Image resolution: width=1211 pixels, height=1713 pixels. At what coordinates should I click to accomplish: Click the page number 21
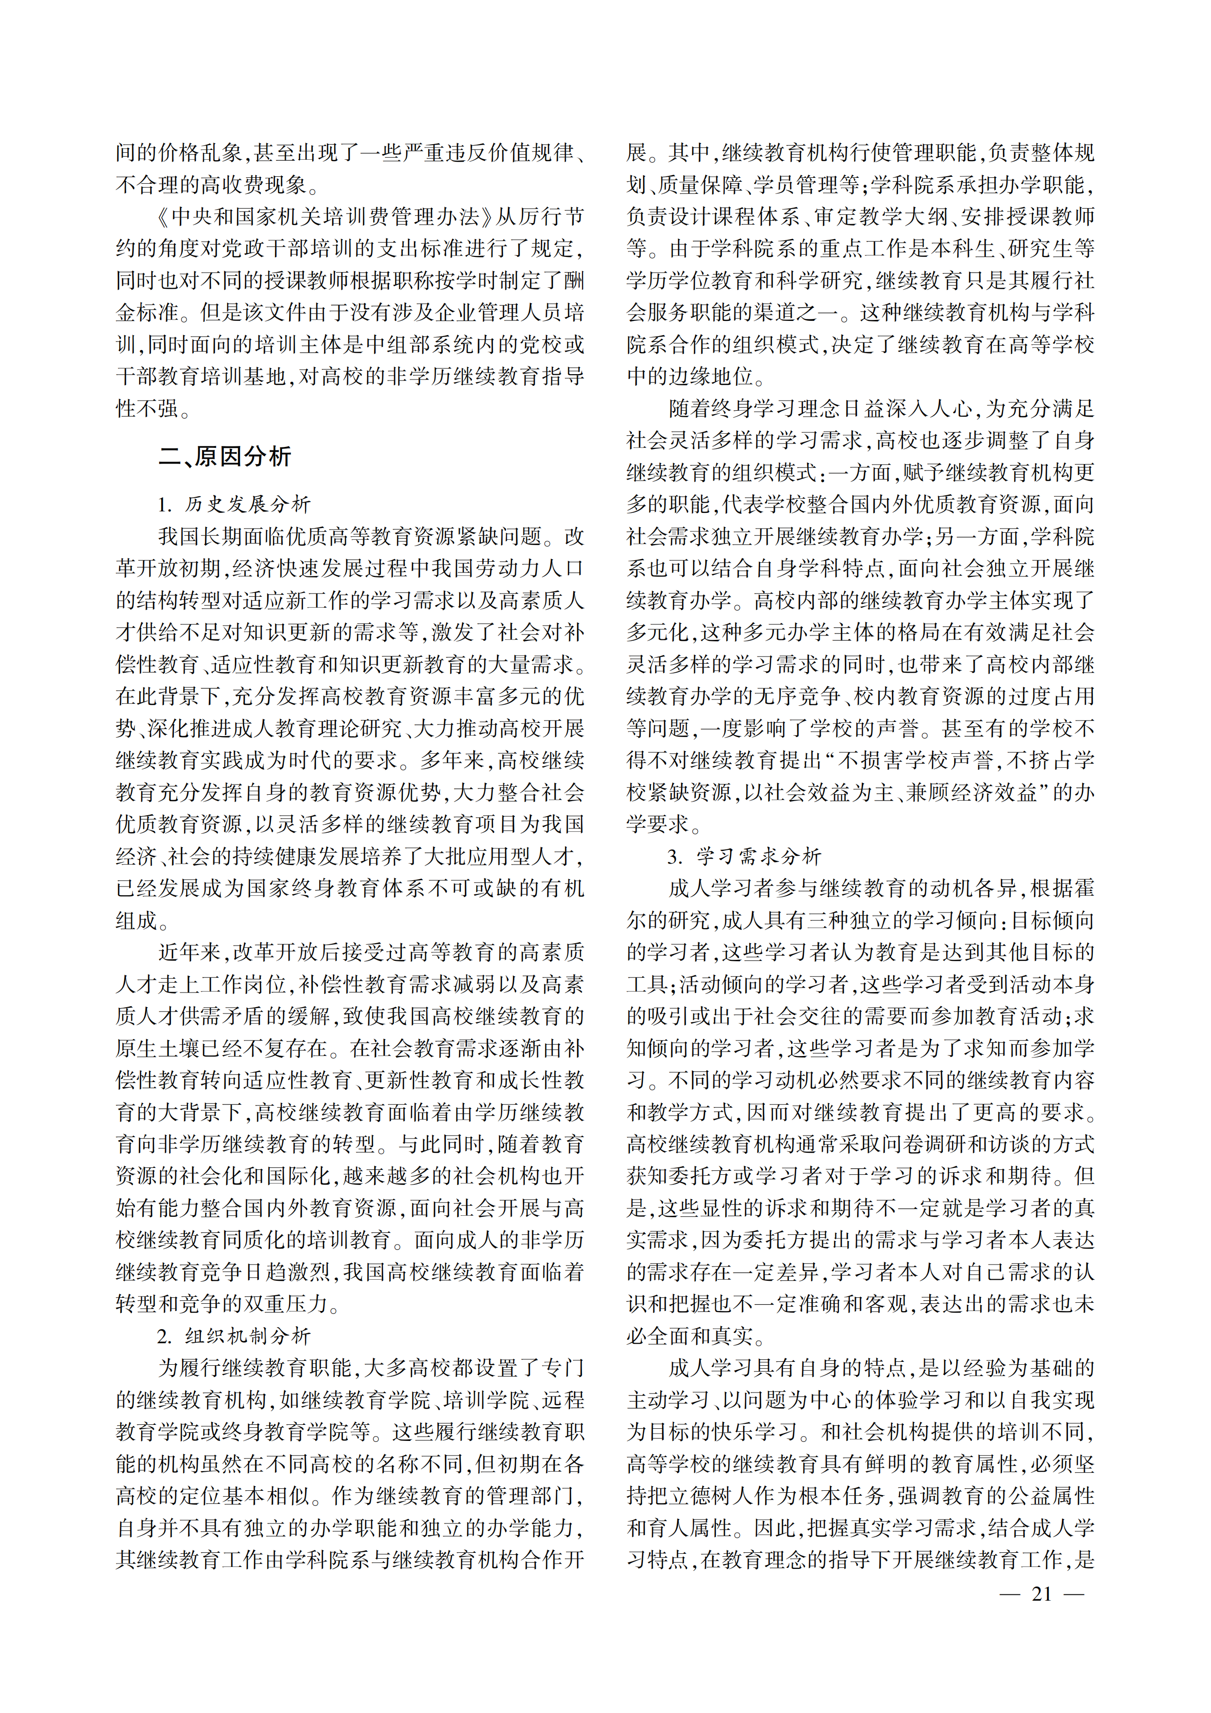click(x=1041, y=1594)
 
